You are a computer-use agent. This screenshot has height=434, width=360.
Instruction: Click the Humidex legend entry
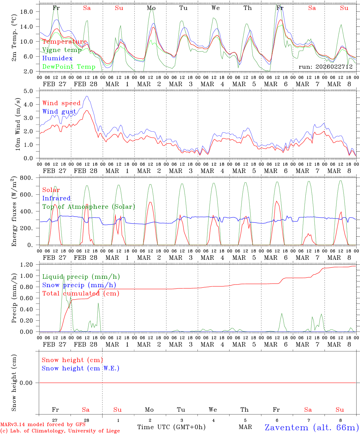click(57, 58)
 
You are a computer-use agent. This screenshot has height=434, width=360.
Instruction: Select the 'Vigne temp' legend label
click(62, 50)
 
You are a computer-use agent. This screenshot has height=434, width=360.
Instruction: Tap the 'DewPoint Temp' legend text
click(69, 67)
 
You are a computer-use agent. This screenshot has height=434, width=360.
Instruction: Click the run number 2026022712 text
click(325, 67)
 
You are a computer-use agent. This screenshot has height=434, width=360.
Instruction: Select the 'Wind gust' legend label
click(59, 112)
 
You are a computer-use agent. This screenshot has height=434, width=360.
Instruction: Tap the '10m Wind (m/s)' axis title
click(18, 124)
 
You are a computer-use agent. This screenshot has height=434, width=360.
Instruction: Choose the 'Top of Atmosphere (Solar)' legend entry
click(88, 207)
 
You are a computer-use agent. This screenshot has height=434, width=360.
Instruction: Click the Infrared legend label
click(56, 198)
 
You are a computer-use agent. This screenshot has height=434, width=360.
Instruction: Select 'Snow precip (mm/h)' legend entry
click(79, 285)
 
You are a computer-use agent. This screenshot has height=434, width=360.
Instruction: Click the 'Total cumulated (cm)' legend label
click(81, 294)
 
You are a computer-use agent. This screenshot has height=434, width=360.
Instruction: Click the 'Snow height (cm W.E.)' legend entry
click(81, 368)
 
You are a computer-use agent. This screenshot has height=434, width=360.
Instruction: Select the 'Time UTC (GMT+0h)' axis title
click(171, 427)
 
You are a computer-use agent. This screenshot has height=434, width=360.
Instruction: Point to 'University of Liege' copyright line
click(60, 431)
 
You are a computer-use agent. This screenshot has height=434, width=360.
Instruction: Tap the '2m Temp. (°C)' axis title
click(14, 41)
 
